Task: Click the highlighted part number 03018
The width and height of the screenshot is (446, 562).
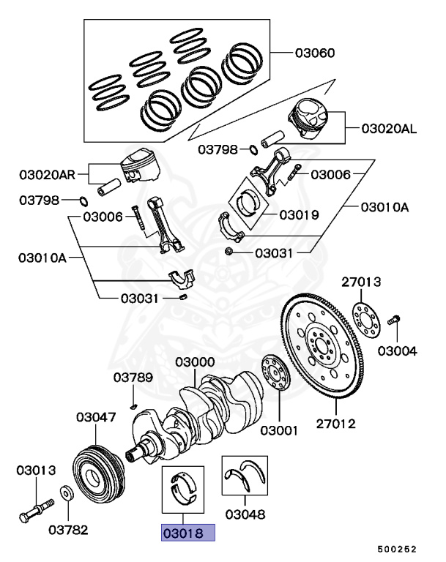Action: click(x=187, y=533)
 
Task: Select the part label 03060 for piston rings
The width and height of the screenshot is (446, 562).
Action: click(x=316, y=53)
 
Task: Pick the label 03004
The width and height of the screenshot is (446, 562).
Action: click(x=397, y=351)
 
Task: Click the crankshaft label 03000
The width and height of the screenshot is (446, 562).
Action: click(x=194, y=362)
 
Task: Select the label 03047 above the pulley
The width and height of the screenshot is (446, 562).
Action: click(x=96, y=417)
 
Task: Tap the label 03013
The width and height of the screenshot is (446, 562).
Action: click(x=36, y=470)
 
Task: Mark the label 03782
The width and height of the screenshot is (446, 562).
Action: click(x=70, y=529)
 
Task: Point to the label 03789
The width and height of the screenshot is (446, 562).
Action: click(x=133, y=378)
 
